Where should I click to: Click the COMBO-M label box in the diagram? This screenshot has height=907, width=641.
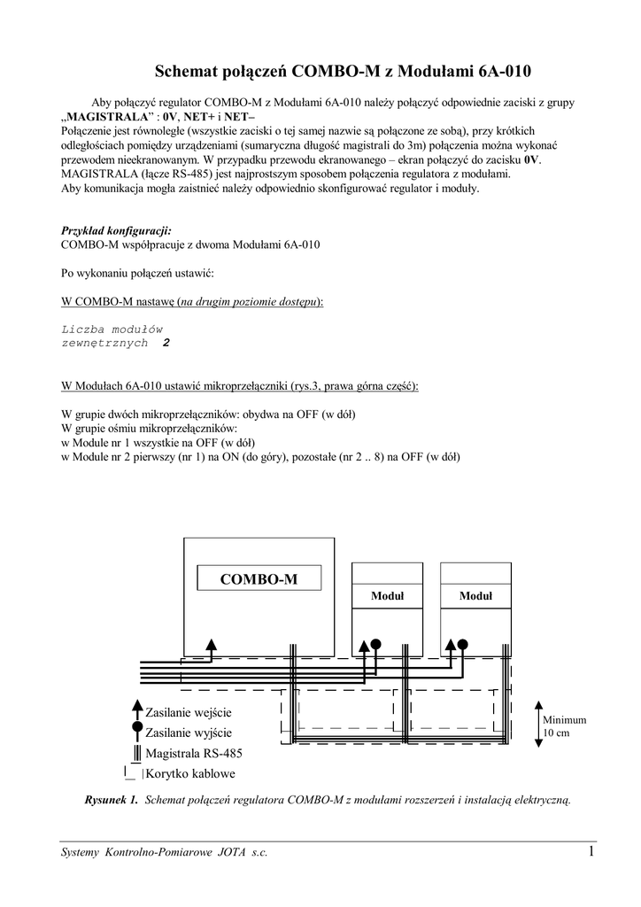pos(259,579)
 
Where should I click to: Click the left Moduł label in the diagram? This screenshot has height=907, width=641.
pos(387,597)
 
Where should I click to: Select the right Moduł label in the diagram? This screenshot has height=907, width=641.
pos(475,597)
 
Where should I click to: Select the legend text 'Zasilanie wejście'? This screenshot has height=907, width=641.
pos(188,712)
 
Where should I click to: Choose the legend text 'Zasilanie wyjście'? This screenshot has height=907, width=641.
pos(188,733)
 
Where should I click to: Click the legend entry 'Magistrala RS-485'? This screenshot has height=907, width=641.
pos(194,753)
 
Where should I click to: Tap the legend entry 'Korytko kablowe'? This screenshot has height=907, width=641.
pos(189,772)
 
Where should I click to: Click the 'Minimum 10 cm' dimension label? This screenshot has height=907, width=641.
pos(564,726)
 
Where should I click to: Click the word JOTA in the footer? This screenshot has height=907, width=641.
pos(224,853)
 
